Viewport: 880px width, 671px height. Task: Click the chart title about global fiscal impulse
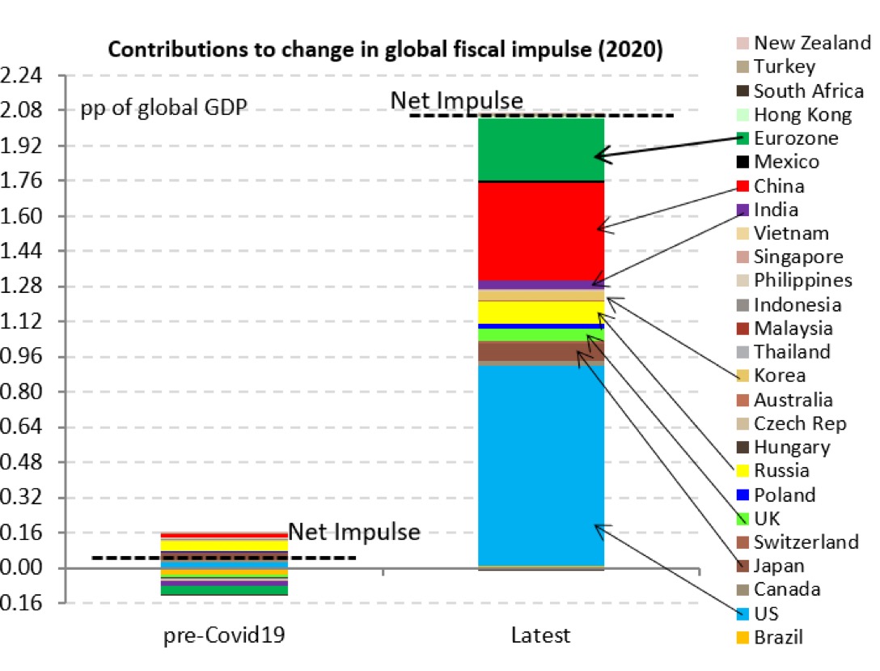click(x=386, y=50)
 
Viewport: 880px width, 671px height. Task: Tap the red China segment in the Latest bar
click(x=541, y=231)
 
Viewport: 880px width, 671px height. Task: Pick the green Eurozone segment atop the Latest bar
click(x=541, y=149)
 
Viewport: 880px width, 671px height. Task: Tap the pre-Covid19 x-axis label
click(x=224, y=635)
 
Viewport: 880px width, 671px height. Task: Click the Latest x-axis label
click(x=540, y=635)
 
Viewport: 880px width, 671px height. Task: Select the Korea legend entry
click(x=779, y=376)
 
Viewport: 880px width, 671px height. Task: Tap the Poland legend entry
click(x=783, y=495)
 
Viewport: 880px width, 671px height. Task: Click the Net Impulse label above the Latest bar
click(x=457, y=100)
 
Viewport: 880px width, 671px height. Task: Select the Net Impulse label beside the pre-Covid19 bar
click(x=354, y=533)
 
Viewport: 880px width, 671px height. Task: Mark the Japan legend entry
click(x=779, y=566)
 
